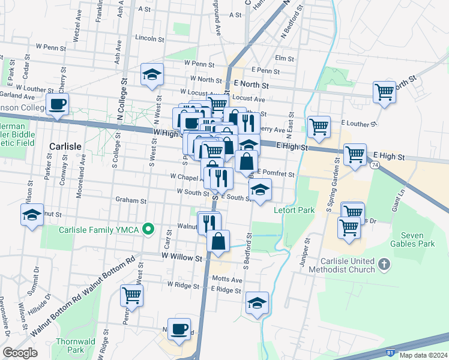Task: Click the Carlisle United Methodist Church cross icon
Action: [x=385, y=264]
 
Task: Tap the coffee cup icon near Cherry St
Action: [x=58, y=104]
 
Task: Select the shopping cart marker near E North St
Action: [x=384, y=92]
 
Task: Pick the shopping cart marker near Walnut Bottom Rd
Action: [x=131, y=295]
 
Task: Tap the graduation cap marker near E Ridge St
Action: [x=257, y=303]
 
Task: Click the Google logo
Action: [x=20, y=353]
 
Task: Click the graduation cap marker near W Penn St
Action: [x=152, y=74]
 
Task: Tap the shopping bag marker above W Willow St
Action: [x=218, y=241]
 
